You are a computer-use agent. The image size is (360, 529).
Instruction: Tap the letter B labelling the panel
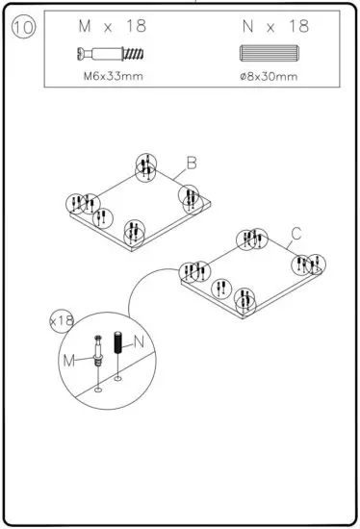(x=191, y=164)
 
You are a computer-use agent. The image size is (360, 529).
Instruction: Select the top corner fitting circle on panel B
(x=144, y=165)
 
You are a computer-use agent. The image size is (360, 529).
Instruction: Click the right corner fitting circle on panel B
(x=190, y=197)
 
